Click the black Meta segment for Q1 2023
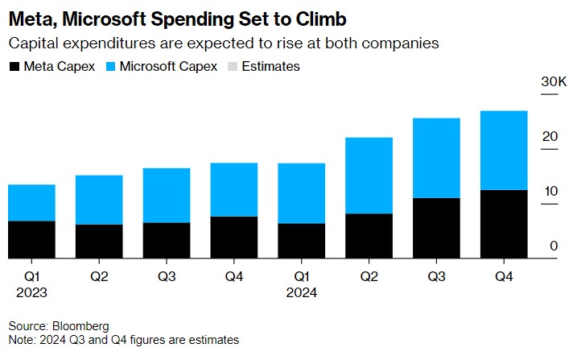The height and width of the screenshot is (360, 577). pos(31,240)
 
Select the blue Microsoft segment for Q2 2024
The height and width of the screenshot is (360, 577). pos(369,176)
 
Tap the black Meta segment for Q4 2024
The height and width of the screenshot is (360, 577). pos(504,225)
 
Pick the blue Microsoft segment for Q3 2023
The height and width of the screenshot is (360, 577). pos(167,196)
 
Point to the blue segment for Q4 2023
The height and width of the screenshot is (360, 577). pos(234,190)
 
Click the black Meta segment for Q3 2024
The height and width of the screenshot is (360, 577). pos(436,229)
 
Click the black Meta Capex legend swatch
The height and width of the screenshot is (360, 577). pos(14,67)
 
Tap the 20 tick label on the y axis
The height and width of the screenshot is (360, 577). pos(550,137)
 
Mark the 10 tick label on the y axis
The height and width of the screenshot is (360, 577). pos(550,192)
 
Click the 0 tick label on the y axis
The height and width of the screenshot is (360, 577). pos(554,246)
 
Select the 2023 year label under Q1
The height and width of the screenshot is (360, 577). pos(31,292)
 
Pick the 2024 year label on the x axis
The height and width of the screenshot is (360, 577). pos(302,292)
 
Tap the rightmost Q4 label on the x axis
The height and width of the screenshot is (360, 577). pos(504,276)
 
